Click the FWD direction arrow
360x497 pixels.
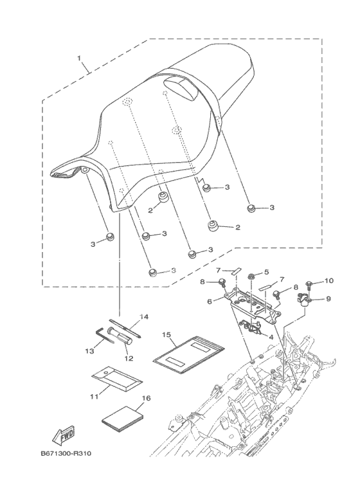click(64, 434)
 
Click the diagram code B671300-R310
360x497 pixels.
click(66, 453)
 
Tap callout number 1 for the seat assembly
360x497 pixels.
click(79, 59)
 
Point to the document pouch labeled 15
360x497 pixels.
click(189, 355)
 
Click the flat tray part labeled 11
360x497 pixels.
click(117, 379)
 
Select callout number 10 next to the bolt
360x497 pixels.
click(330, 280)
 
